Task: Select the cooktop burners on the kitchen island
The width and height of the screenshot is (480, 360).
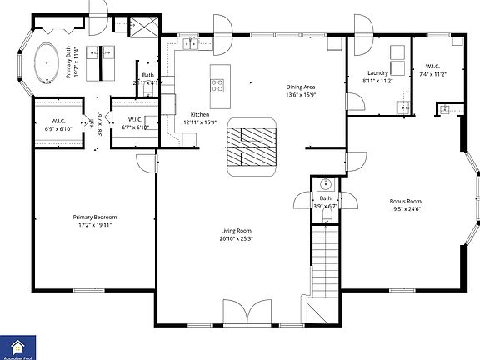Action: click(x=218, y=84)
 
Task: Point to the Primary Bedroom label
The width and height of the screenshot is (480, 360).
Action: click(x=94, y=217)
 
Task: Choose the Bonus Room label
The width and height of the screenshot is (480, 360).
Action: click(x=407, y=201)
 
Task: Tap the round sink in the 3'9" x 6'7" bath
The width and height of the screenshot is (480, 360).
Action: click(x=326, y=183)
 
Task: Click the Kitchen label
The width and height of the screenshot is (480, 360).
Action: click(x=199, y=114)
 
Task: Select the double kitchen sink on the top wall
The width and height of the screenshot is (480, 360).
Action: click(x=185, y=45)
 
